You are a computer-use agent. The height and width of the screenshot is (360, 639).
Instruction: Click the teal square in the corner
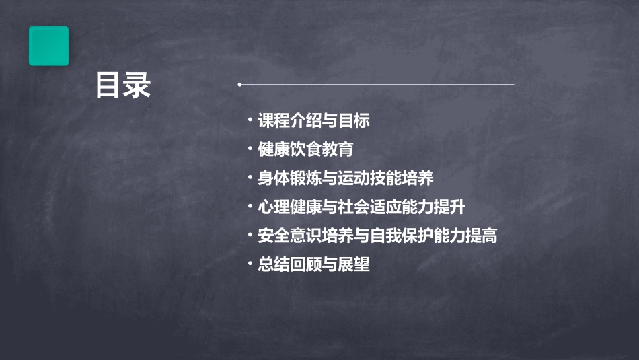pos(48,46)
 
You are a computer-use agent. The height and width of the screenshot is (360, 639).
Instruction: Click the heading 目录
pos(123,85)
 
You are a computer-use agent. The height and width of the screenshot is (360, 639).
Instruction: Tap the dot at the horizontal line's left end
pos(239,85)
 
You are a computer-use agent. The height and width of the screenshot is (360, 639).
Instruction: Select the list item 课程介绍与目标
pos(313,121)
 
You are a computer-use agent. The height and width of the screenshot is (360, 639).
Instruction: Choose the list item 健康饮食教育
pos(305,149)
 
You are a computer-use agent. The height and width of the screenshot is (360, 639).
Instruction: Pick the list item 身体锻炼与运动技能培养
pos(346,178)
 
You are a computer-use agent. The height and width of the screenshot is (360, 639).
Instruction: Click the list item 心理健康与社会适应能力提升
pos(361,207)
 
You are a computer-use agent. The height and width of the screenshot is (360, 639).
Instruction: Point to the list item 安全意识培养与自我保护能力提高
pos(377,236)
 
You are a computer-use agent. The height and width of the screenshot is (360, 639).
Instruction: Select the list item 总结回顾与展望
pos(313,264)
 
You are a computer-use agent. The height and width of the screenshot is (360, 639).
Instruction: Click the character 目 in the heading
pos(108,85)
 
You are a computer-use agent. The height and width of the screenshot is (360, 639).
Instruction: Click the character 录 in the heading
pos(138,85)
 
